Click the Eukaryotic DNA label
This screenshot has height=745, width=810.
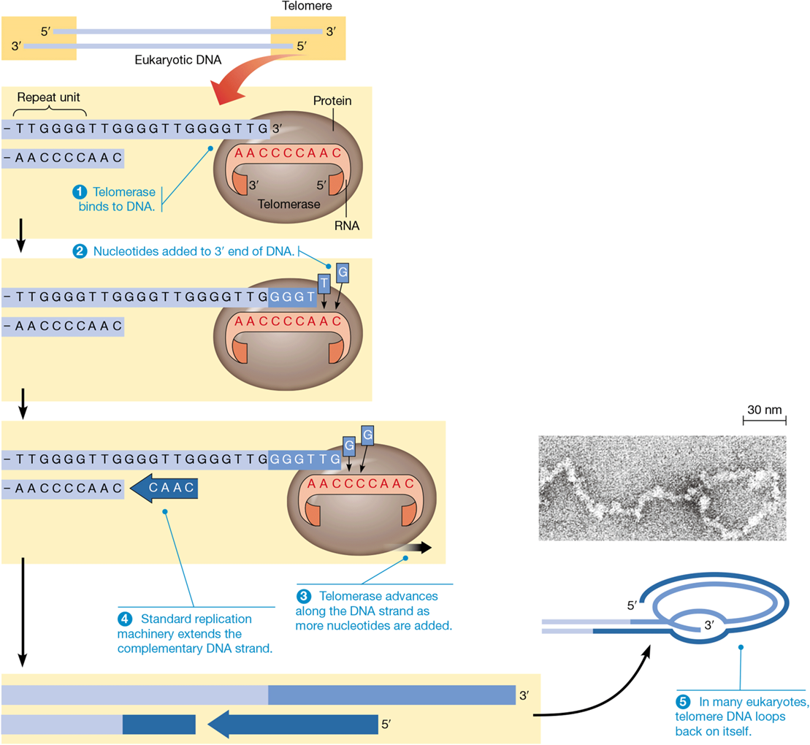point(178,61)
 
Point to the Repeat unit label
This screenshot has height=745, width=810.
point(48,96)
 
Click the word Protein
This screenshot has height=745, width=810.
point(332,101)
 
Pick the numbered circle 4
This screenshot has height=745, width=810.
point(125,618)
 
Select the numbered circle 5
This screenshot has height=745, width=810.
point(684,702)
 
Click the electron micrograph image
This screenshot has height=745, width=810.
point(662,487)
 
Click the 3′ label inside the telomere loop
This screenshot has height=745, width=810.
point(707,625)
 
